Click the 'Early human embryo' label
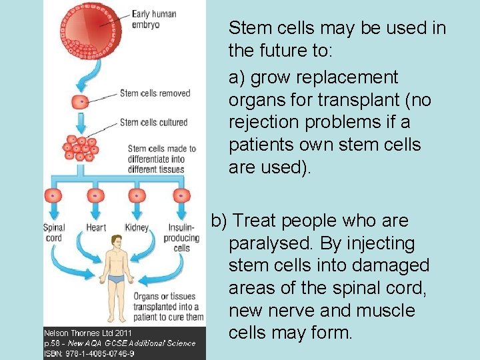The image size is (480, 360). (153, 19)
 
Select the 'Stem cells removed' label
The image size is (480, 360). (155, 93)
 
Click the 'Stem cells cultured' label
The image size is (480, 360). (153, 122)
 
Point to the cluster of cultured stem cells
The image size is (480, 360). (80, 147)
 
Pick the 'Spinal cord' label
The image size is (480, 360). (53, 233)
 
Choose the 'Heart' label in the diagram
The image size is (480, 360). (96, 228)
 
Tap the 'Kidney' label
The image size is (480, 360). (137, 228)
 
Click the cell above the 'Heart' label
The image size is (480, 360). (95, 195)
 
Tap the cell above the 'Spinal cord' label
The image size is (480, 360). (53, 195)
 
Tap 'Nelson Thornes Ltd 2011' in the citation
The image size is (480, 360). (87, 332)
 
